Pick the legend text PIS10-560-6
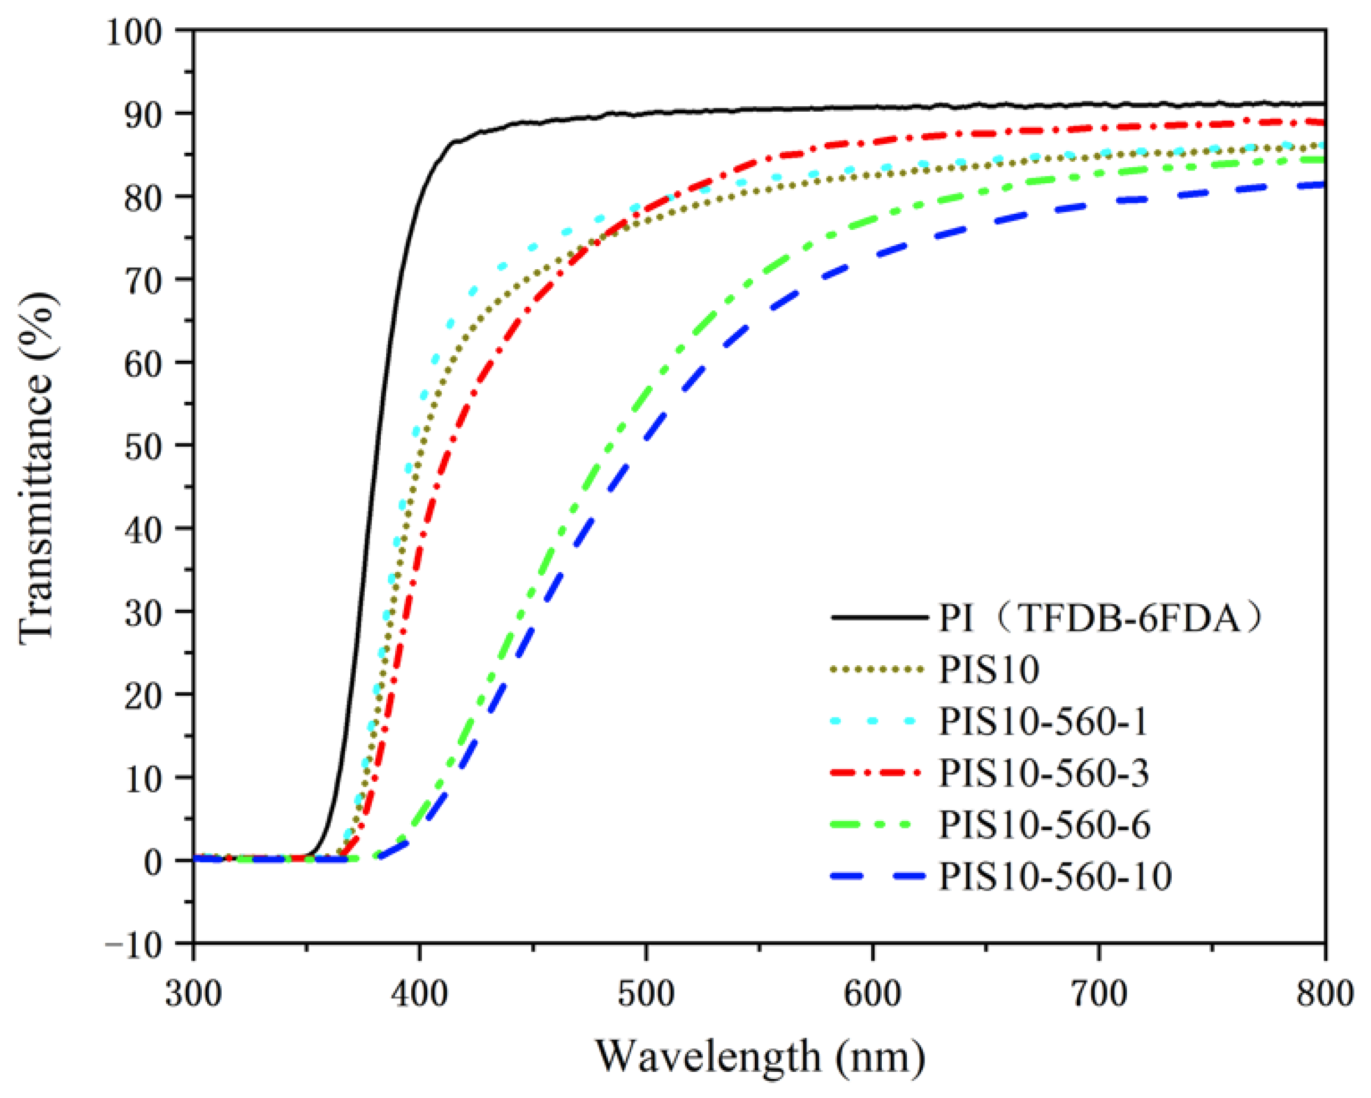[1045, 825]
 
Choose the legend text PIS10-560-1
[1044, 721]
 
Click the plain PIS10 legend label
[989, 669]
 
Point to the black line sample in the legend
[878, 617]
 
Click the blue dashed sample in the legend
[878, 877]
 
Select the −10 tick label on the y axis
[134, 944]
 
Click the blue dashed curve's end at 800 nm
[1323, 184]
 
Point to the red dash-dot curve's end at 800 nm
[1323, 122]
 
